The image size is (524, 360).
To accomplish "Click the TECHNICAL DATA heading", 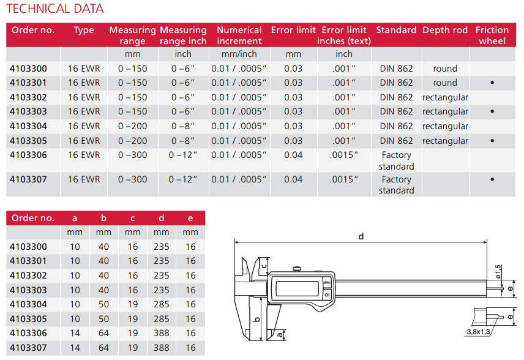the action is coord(55,9).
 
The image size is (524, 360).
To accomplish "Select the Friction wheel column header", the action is coord(492,36).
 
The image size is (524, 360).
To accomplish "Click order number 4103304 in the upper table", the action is coord(28,126).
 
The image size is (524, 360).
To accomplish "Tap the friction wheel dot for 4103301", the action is coord(492,83).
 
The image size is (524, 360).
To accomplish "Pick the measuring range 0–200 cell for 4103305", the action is coord(133,141).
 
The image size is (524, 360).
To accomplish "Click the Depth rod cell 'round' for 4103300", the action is coord(445,69).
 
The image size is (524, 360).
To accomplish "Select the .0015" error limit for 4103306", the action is coord(344,155).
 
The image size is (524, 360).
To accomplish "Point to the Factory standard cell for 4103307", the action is coord(396,185).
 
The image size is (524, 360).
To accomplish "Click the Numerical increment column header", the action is coord(239,36).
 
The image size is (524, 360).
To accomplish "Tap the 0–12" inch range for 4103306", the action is coord(183,155).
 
